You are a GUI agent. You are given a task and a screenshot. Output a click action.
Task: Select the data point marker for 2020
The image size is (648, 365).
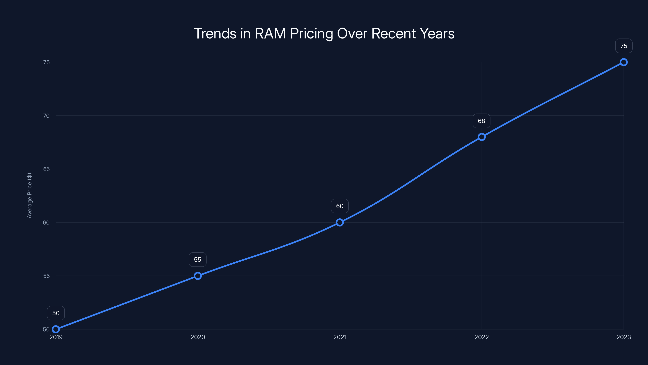pos(198,276)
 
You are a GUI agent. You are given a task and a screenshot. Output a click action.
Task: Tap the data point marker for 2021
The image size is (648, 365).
pos(340,222)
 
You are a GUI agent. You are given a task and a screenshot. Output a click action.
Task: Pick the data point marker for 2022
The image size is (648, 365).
pos(482,137)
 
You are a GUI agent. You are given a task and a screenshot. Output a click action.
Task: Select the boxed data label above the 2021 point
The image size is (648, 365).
pos(340,206)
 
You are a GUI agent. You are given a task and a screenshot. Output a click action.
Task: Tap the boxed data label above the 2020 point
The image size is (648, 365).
pos(197,260)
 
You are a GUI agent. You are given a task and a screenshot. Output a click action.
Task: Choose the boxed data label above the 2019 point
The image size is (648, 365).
pos(56,313)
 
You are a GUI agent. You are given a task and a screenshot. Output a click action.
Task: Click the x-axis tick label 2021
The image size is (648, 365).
pos(340,337)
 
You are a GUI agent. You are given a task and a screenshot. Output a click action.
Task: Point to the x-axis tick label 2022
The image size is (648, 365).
pos(482,337)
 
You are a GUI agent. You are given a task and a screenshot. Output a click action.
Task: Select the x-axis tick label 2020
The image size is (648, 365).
pos(198,337)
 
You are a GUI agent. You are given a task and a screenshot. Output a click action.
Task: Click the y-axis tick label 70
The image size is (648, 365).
pos(46,116)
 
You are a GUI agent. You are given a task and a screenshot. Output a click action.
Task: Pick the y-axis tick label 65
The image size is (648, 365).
pos(46,169)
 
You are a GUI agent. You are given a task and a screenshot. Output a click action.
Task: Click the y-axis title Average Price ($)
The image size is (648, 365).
pos(29,195)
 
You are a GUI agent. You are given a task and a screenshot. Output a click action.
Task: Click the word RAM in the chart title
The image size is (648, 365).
pos(270,33)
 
